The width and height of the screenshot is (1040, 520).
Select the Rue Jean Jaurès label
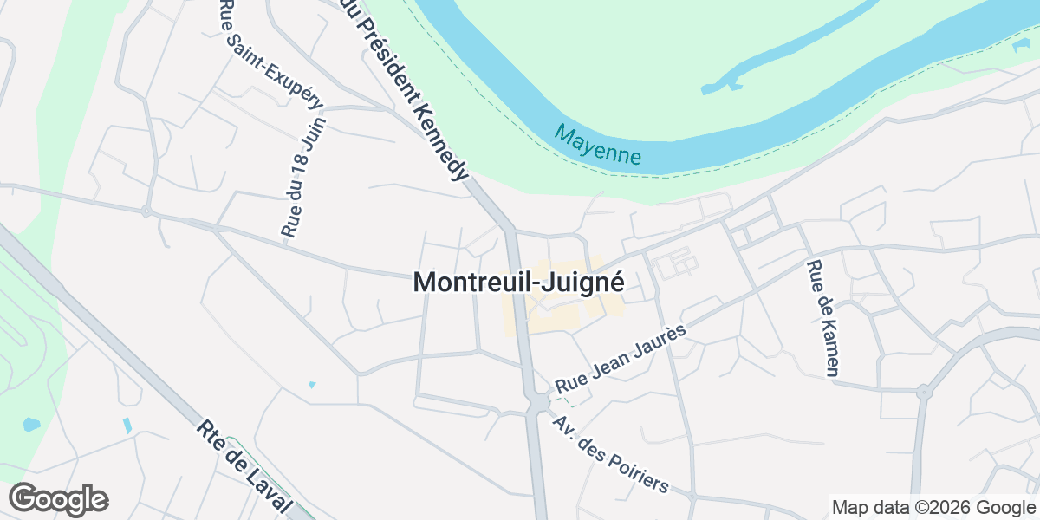[621, 358]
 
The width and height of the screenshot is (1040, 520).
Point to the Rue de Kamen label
[822, 318]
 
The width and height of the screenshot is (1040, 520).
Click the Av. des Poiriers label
[611, 455]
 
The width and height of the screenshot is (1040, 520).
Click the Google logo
[59, 499]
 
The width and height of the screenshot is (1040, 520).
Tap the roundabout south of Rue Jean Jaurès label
[538, 404]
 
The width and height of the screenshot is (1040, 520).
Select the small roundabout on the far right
[924, 392]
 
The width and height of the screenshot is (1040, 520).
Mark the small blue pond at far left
[31, 425]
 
